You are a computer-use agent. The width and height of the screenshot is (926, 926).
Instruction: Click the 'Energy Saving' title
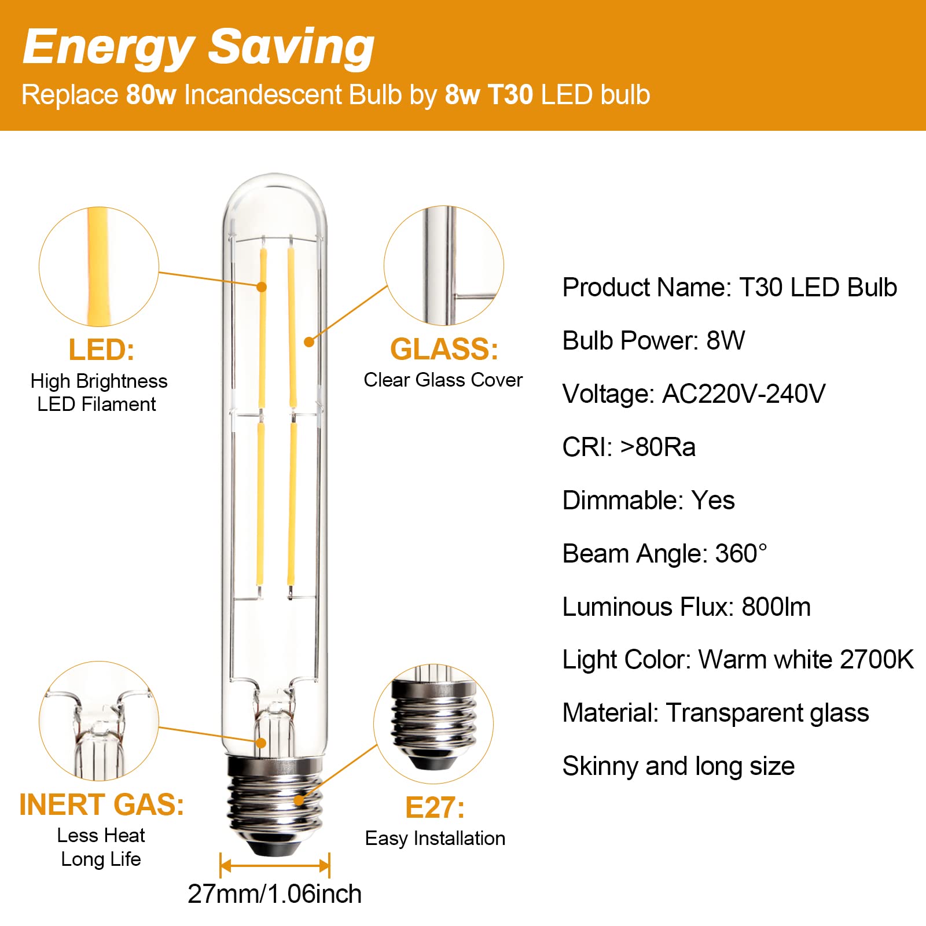point(199,47)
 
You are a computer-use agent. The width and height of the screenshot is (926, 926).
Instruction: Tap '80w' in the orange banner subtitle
point(151,95)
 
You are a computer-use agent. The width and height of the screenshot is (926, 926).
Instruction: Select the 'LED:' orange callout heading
point(101,350)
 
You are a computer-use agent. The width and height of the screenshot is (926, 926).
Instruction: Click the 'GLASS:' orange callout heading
point(444,349)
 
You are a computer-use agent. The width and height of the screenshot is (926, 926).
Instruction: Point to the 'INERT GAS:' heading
point(102,805)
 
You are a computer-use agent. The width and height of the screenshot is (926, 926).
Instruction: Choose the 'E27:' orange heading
point(435,808)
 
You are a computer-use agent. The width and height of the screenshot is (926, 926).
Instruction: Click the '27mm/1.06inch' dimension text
point(275,894)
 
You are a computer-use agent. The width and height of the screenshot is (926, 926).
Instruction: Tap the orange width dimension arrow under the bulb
point(275,866)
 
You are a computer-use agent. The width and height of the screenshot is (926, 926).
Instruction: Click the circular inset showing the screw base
point(433,724)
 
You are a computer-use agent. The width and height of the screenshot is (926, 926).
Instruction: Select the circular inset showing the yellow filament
point(99,267)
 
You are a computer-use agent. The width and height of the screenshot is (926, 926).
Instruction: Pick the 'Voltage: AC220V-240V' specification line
point(694,394)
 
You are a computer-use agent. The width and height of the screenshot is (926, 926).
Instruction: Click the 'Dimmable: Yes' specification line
point(649,501)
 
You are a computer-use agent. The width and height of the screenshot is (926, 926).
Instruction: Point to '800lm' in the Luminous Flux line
point(776,607)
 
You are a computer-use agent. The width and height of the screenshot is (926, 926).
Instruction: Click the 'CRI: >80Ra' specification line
point(629,447)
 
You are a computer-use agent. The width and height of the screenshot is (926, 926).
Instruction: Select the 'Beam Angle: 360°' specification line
point(665,554)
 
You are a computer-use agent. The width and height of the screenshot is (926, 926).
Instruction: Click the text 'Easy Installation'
point(435,839)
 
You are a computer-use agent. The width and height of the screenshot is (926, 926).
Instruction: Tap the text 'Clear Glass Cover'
point(443,380)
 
